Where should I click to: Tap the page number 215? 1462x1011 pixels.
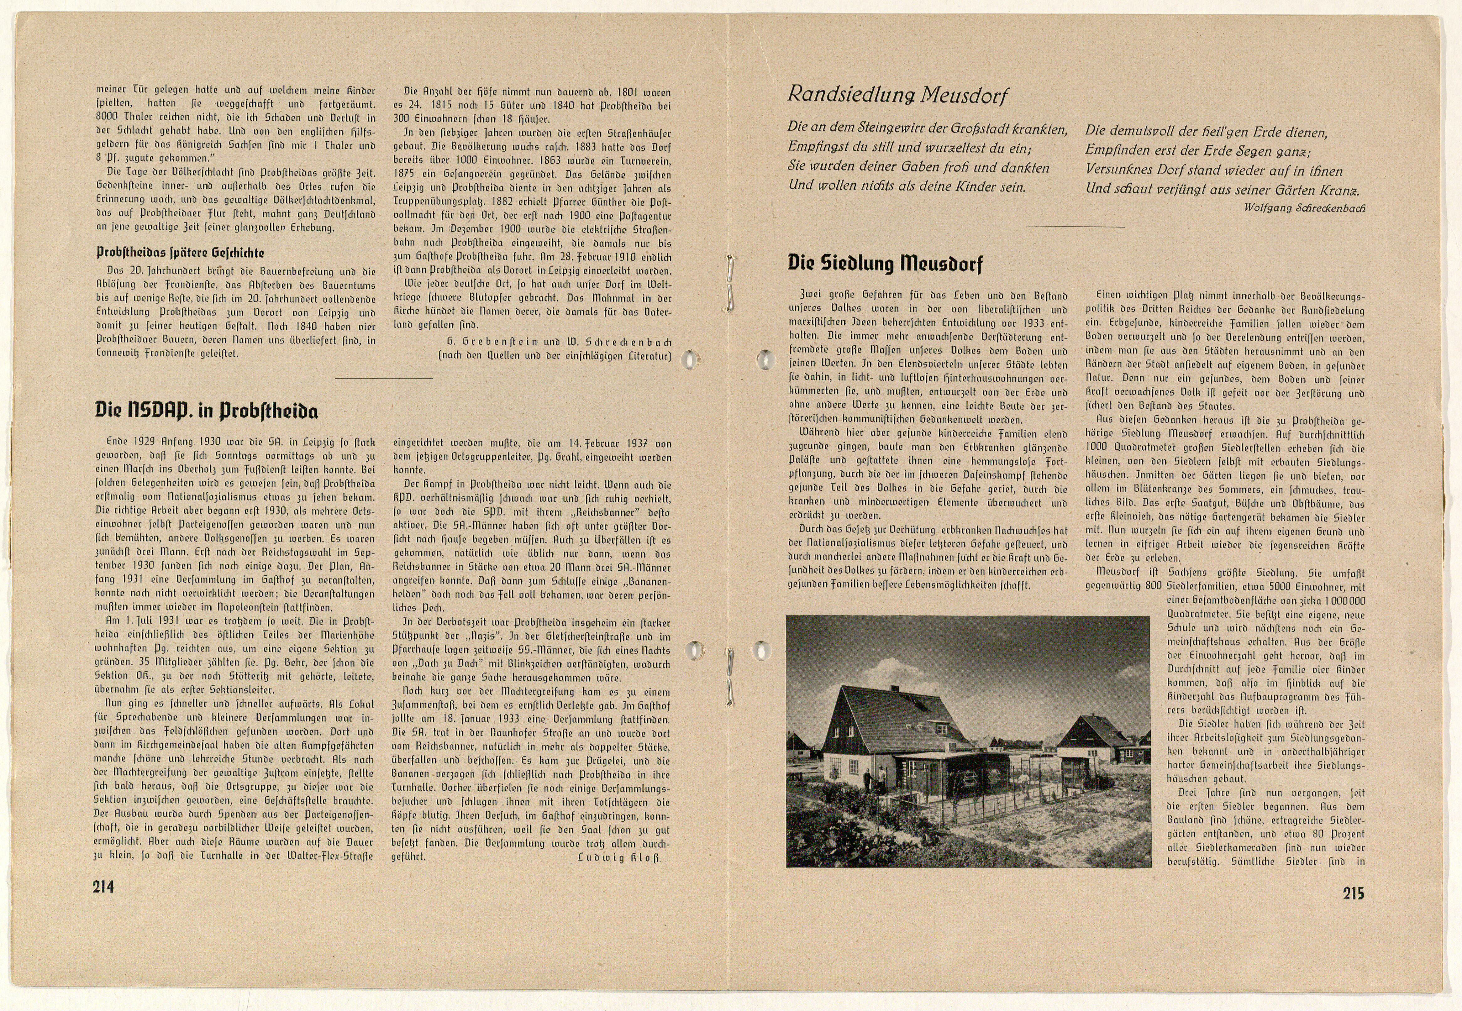coord(1353,893)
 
